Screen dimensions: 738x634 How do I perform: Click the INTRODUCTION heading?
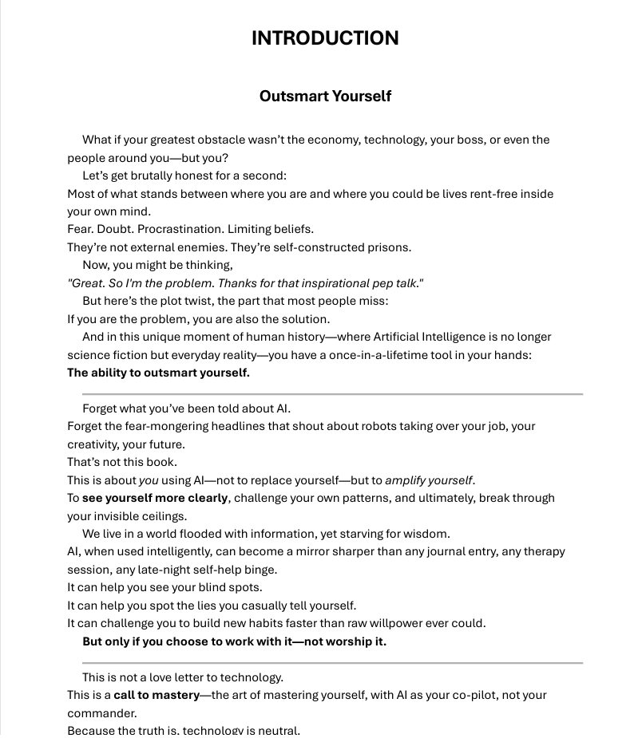point(325,38)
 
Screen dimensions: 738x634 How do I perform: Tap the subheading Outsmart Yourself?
point(325,96)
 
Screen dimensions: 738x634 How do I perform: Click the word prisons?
point(389,247)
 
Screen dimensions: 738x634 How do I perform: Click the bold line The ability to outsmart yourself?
point(158,373)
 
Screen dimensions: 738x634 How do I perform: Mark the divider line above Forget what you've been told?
point(332,394)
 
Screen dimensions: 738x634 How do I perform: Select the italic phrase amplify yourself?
point(429,480)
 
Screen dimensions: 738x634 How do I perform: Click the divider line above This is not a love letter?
point(332,663)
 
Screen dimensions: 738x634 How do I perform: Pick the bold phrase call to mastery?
point(157,695)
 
